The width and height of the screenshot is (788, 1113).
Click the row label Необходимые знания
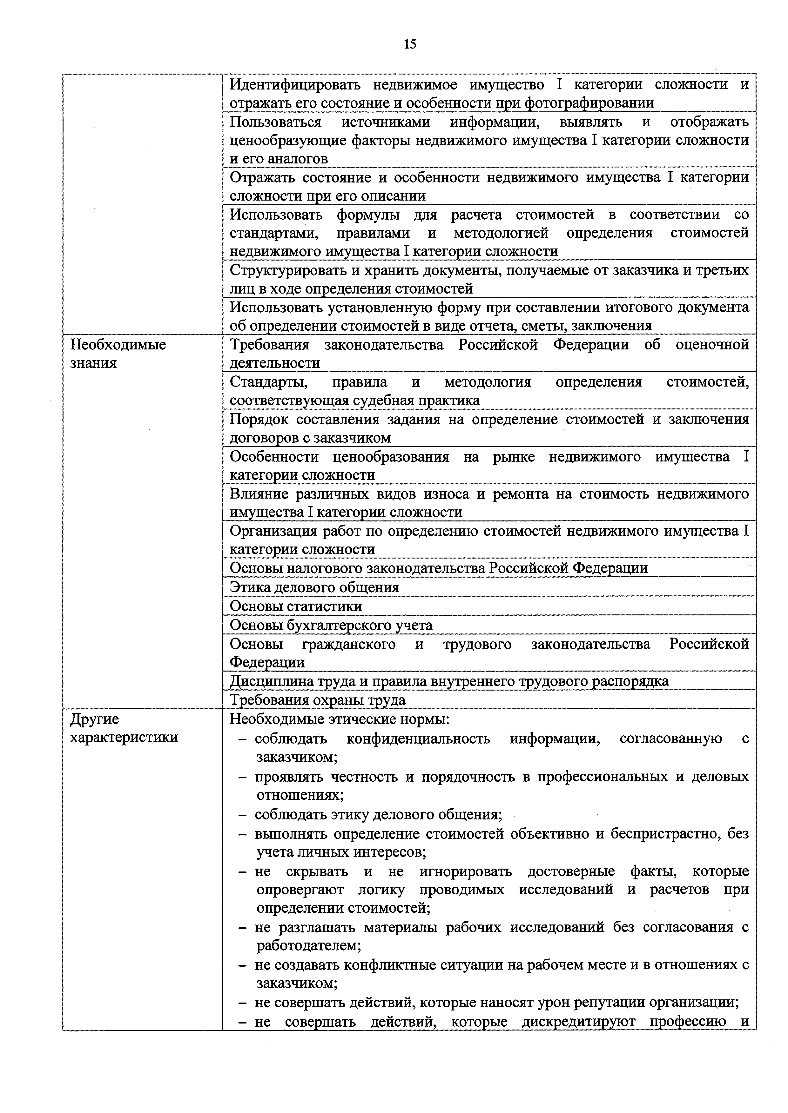[118, 354]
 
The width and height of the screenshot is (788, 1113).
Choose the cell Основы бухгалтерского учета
[331, 625]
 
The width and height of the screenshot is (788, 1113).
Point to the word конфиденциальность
[418, 739]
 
